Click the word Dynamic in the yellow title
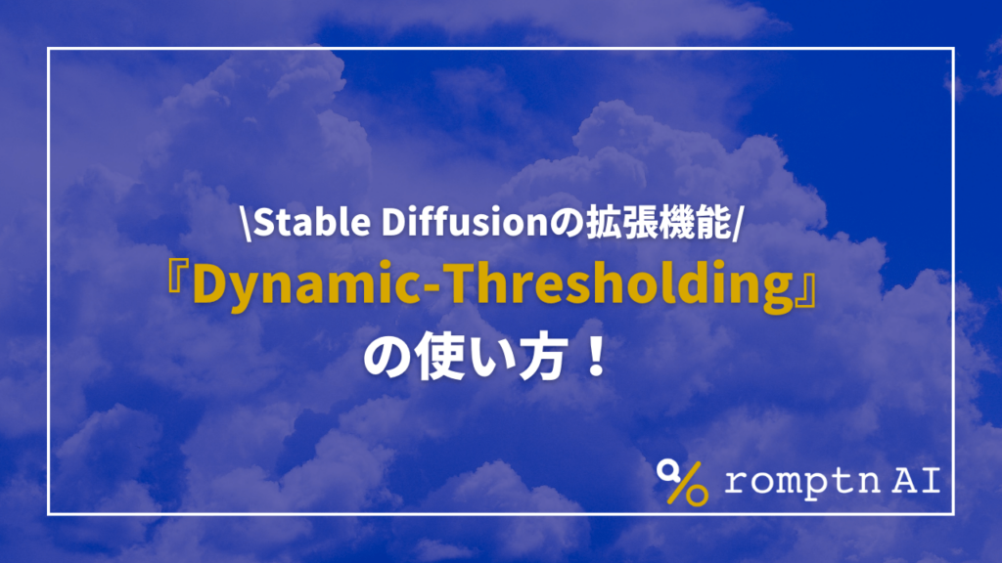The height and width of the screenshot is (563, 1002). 294,285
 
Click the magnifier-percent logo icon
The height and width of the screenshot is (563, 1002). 681,481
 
